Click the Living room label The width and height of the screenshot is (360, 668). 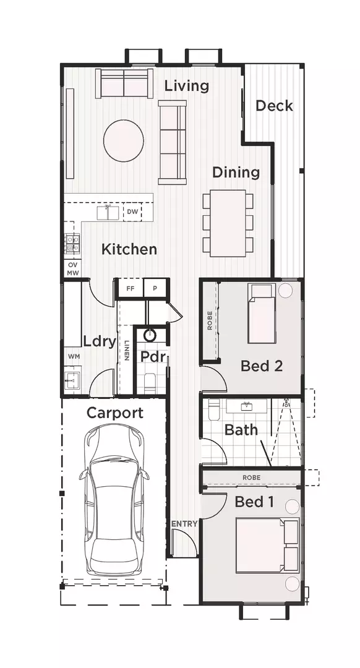pyautogui.click(x=186, y=86)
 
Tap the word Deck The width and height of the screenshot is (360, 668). pyautogui.click(x=274, y=106)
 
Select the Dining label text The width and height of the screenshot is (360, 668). pyautogui.click(x=236, y=172)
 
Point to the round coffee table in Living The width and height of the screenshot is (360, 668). pyautogui.click(x=124, y=140)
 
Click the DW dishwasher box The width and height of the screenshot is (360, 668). pyautogui.click(x=132, y=212)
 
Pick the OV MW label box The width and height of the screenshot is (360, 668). pyautogui.click(x=72, y=269)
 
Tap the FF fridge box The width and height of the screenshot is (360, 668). pyautogui.click(x=130, y=288)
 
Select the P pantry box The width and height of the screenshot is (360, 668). pyautogui.click(x=155, y=288)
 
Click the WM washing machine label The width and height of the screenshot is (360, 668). pyautogui.click(x=73, y=356)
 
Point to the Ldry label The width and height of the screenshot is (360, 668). pyautogui.click(x=100, y=341)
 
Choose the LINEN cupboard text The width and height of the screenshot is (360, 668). pyautogui.click(x=126, y=351)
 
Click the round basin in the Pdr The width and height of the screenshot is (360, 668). pyautogui.click(x=150, y=335)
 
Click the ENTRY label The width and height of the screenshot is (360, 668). pyautogui.click(x=184, y=524)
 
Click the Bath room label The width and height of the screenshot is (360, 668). pyautogui.click(x=241, y=429)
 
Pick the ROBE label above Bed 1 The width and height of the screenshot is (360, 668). pyautogui.click(x=251, y=477)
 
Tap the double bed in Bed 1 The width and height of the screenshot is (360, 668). pyautogui.click(x=267, y=544)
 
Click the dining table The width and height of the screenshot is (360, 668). pyautogui.click(x=227, y=223)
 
